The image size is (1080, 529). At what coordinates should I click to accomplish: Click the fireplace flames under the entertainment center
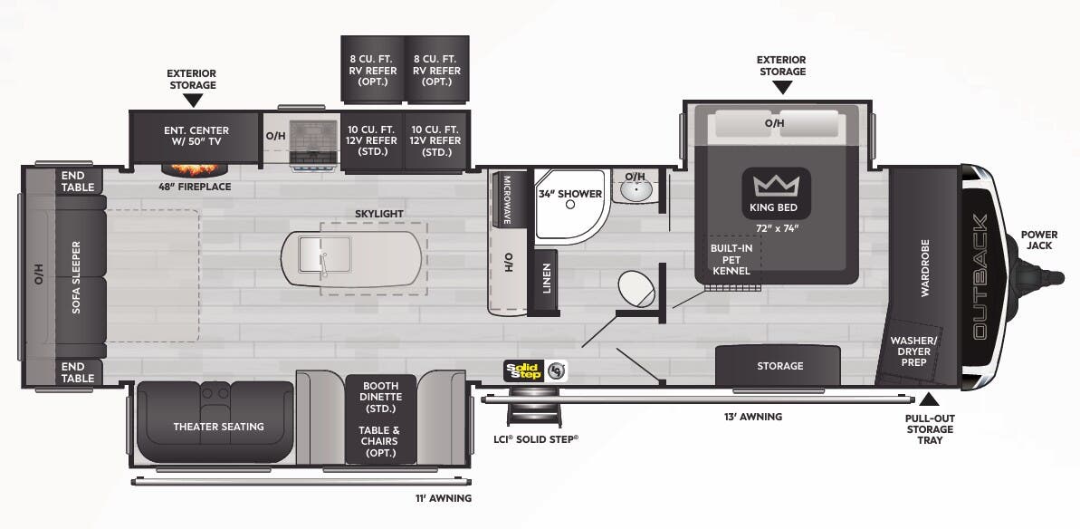(x=194, y=168)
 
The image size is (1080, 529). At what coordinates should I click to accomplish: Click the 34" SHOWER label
(x=570, y=194)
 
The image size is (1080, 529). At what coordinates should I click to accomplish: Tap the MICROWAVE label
(x=507, y=201)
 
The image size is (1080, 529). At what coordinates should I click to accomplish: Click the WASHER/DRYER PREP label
(x=915, y=350)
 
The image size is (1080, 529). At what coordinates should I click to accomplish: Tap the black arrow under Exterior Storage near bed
(x=781, y=88)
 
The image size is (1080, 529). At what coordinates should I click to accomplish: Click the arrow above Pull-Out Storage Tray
(x=929, y=399)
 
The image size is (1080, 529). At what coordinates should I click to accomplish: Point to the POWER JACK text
(x=1038, y=239)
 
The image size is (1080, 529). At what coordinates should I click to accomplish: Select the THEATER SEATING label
(x=218, y=427)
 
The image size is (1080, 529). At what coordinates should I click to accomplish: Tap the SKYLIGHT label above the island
(x=378, y=214)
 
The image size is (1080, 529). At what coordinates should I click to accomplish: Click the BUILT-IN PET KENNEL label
(x=731, y=258)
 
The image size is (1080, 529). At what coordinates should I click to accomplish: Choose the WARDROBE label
(x=924, y=268)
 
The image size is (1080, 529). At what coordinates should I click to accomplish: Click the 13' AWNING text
(x=752, y=417)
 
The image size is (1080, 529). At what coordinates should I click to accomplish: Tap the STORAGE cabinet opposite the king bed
(x=779, y=366)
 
